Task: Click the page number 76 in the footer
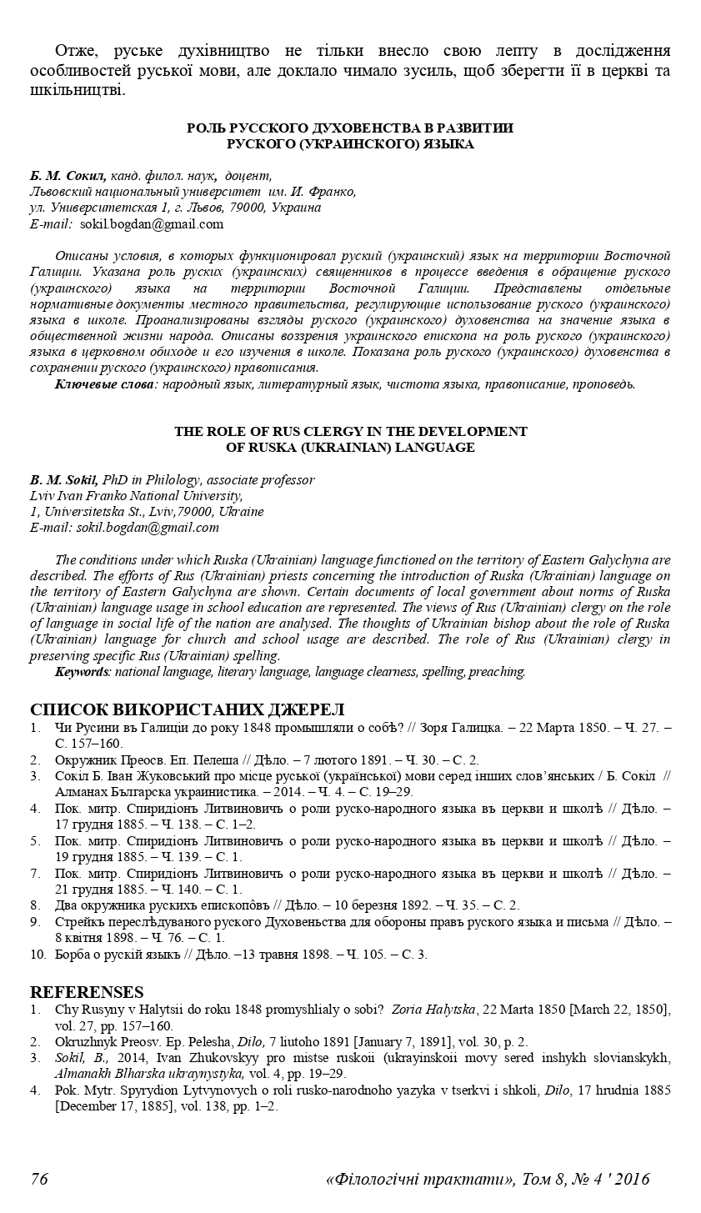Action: click(x=39, y=1179)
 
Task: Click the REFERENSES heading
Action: click(x=87, y=992)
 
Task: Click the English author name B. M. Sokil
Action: click(x=63, y=480)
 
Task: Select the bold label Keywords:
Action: click(x=83, y=671)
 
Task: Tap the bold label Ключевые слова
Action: click(x=104, y=384)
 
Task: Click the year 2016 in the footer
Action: click(x=630, y=1179)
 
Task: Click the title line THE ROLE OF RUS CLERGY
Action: click(x=350, y=431)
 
